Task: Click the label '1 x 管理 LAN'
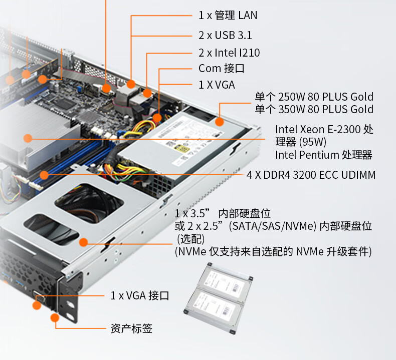[228, 15]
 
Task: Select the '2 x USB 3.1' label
[225, 36]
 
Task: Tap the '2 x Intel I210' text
[229, 53]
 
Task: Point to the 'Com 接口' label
[221, 69]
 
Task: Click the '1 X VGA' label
[217, 85]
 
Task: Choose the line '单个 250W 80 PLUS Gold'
[314, 97]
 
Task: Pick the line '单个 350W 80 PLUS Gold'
[314, 109]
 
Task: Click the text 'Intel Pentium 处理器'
[323, 155]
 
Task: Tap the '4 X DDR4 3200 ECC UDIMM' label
[311, 175]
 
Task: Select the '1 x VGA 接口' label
[140, 295]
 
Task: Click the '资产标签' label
[131, 328]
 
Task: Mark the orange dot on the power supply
[220, 122]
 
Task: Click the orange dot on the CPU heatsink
[28, 138]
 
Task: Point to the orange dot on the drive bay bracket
[83, 242]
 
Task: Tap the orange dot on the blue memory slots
[44, 175]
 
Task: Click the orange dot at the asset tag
[55, 317]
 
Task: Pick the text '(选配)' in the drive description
[190, 239]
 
